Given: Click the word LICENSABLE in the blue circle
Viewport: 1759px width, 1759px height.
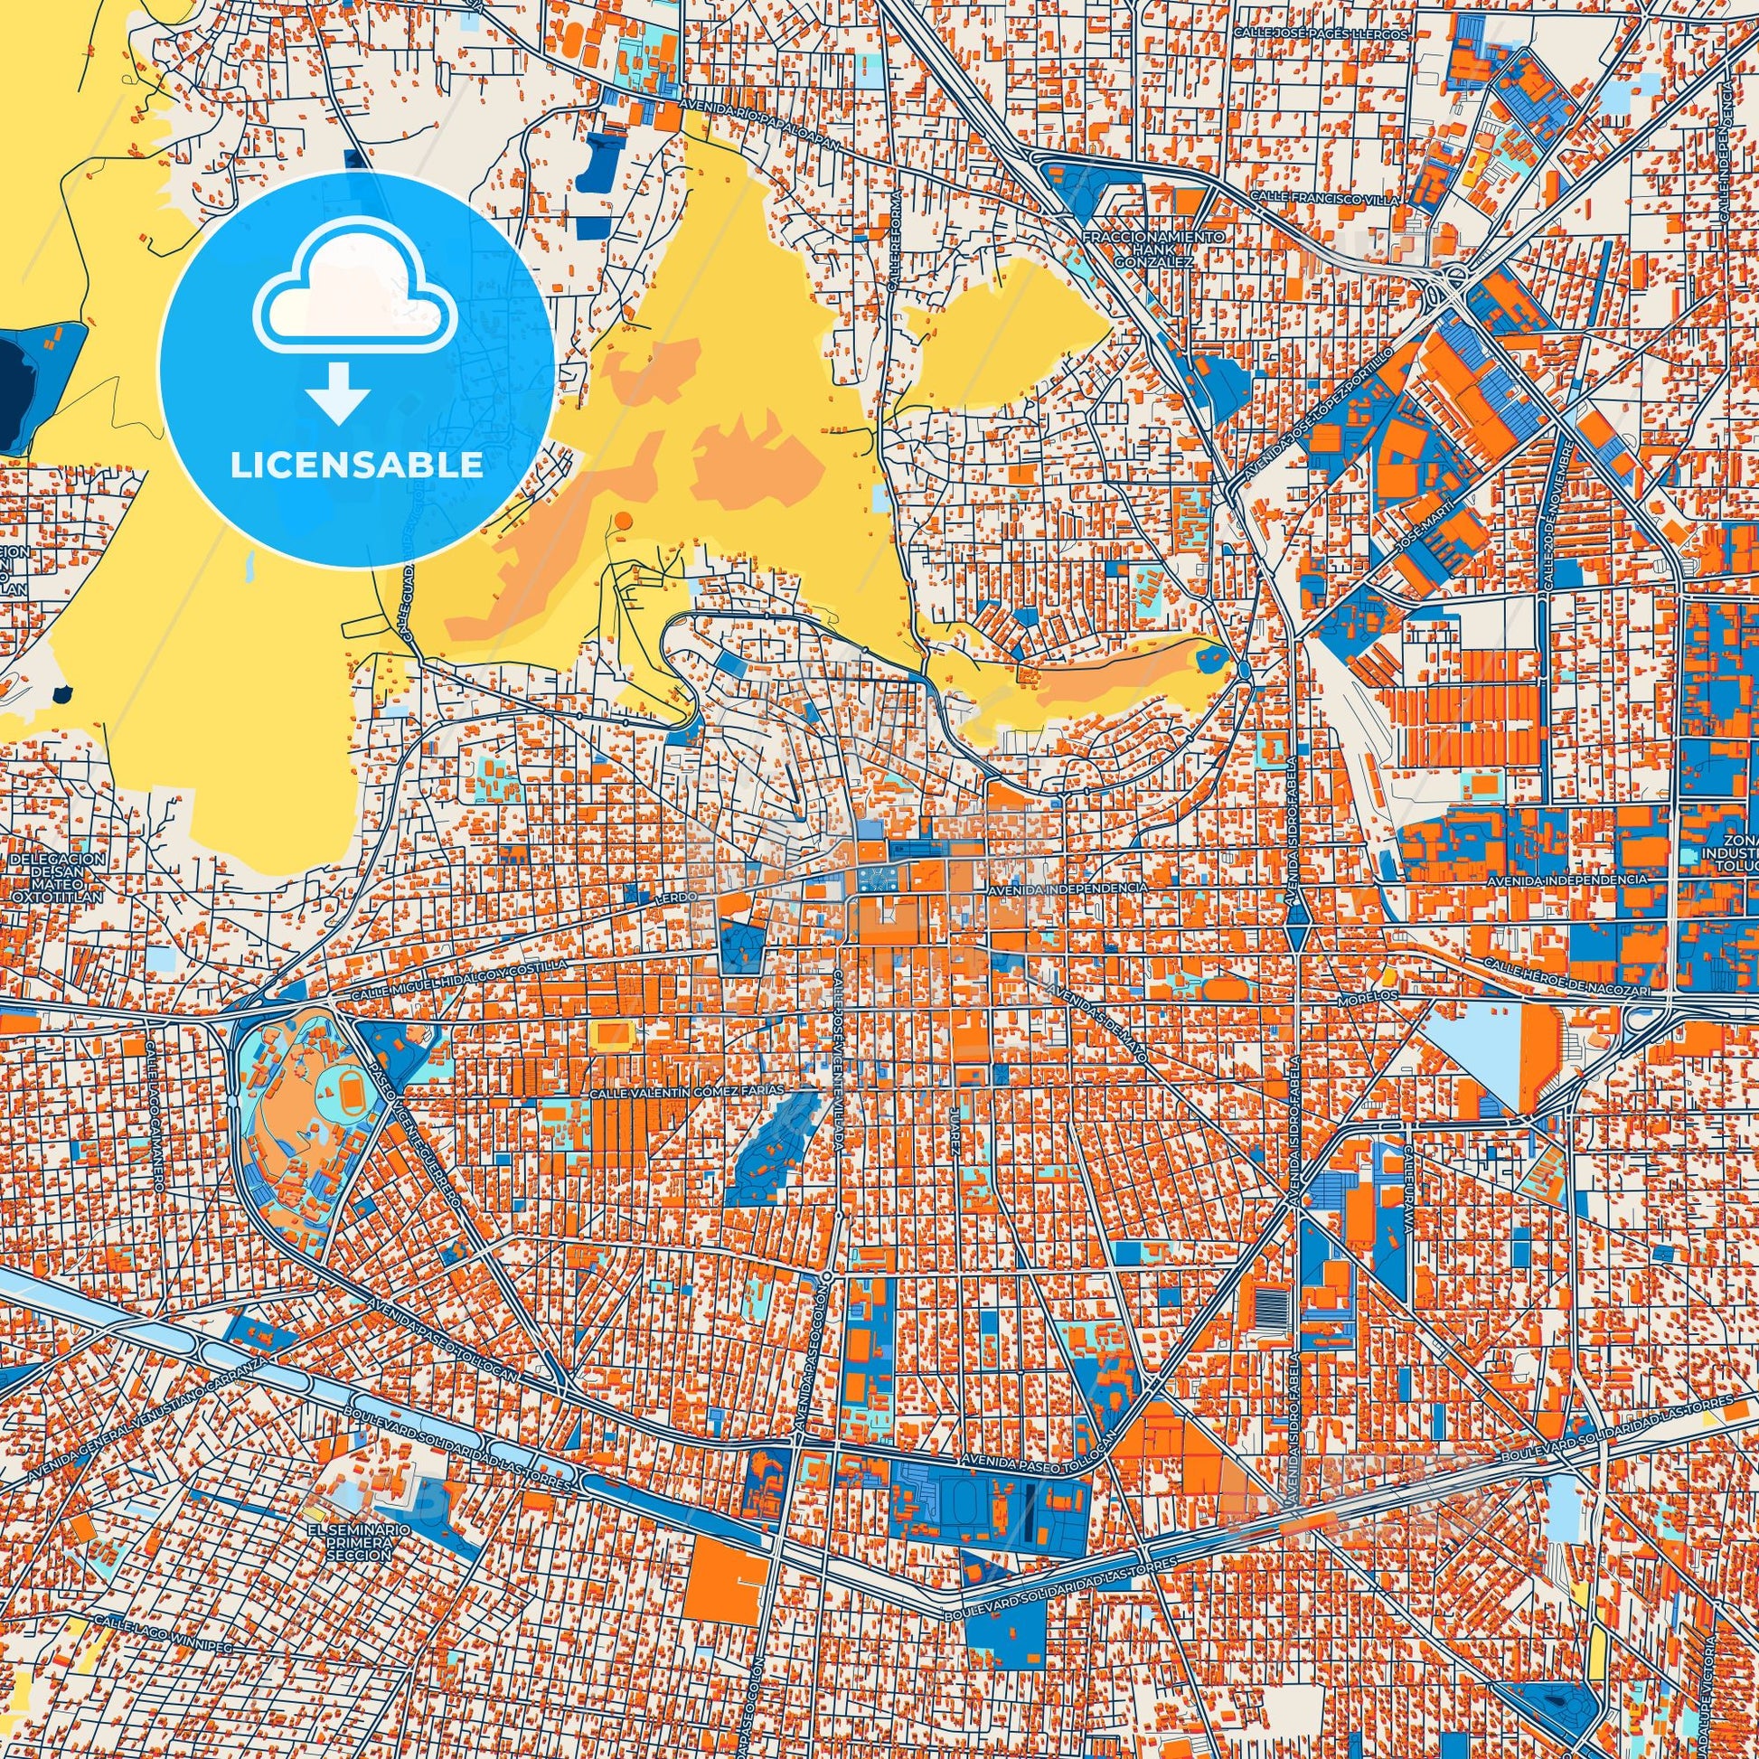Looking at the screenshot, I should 356,466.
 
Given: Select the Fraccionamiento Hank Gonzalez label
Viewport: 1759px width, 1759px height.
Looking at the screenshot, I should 1153,249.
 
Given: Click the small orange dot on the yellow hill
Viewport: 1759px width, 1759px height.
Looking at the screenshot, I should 622,520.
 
